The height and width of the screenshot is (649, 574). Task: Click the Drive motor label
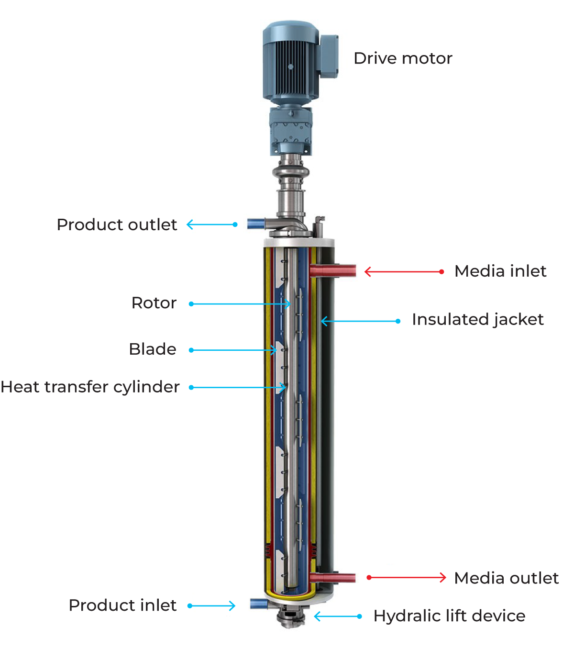pyautogui.click(x=402, y=58)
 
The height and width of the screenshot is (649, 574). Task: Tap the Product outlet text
pyautogui.click(x=117, y=224)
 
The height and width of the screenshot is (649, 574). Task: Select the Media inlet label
pyautogui.click(x=500, y=271)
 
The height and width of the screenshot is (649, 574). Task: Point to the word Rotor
pyautogui.click(x=154, y=302)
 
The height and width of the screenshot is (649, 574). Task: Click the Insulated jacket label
pyautogui.click(x=477, y=320)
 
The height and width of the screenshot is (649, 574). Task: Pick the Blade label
pyautogui.click(x=153, y=349)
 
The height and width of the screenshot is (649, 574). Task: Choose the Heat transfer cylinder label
pyautogui.click(x=90, y=387)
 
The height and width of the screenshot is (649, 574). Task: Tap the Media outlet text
pyautogui.click(x=506, y=578)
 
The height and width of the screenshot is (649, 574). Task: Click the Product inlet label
pyautogui.click(x=122, y=605)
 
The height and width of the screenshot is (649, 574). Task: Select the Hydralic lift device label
pyautogui.click(x=449, y=616)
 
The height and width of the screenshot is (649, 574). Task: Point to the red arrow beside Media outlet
pyautogui.click(x=406, y=577)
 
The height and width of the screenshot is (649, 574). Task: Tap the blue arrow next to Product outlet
pyautogui.click(x=212, y=224)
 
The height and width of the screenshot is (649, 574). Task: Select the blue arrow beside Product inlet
pyautogui.click(x=211, y=606)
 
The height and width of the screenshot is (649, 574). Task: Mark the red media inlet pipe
pyautogui.click(x=333, y=271)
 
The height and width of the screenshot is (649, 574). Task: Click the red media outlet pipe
pyautogui.click(x=332, y=578)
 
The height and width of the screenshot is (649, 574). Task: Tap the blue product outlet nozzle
pyautogui.click(x=256, y=224)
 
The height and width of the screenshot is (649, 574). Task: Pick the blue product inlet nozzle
pyautogui.click(x=259, y=604)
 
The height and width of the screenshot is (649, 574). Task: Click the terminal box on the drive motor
pyautogui.click(x=329, y=56)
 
